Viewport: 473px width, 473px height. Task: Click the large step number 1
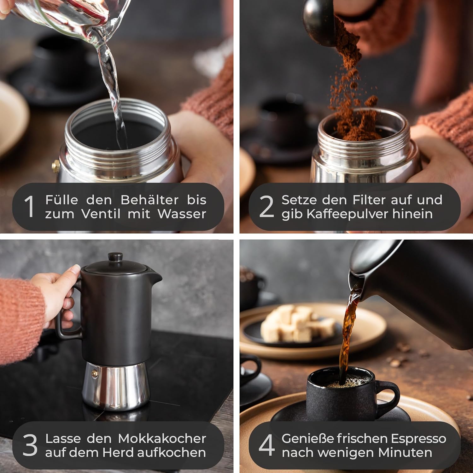tap(29, 207)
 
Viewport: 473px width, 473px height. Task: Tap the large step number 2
tap(266, 207)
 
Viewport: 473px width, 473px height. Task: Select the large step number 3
tap(30, 445)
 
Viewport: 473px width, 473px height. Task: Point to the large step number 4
tap(266, 445)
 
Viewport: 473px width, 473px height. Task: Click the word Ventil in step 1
tap(101, 214)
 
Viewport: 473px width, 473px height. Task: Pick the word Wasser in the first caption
tap(182, 214)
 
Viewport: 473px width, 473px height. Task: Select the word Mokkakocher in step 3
tap(162, 438)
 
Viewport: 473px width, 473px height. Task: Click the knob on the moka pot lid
tap(115, 257)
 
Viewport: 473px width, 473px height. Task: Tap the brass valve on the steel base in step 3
tap(94, 373)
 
